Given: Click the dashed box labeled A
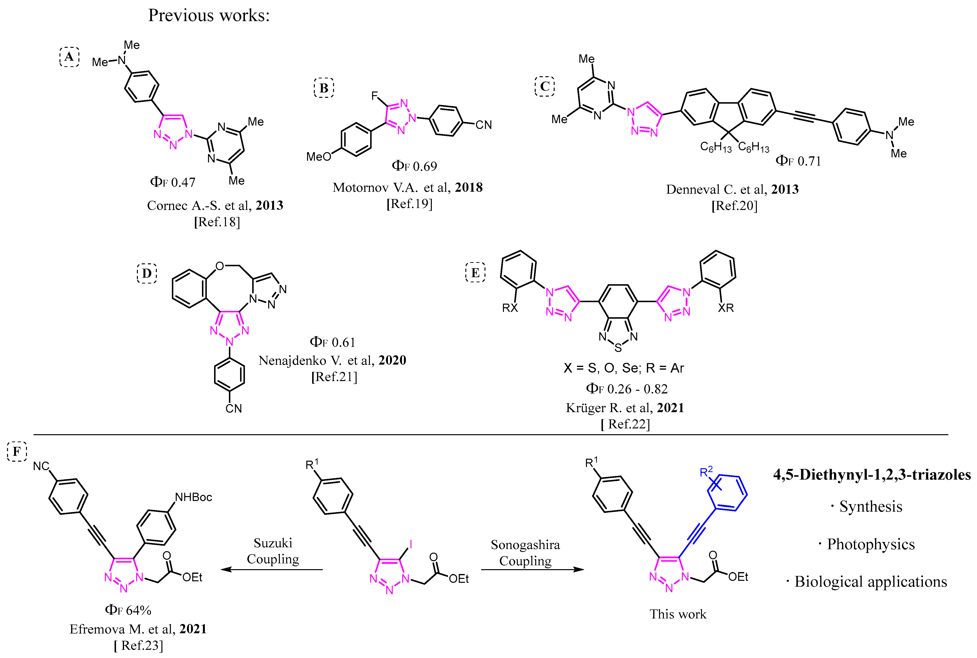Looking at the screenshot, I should coord(69,57).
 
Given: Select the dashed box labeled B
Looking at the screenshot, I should coord(324,88).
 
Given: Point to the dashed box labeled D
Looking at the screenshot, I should coord(146,273).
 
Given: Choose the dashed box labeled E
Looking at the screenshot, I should coord(475,273).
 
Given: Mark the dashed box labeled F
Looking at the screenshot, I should coord(17,451).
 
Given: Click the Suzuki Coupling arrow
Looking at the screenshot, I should coord(272,569).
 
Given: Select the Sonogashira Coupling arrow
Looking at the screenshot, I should coord(532,569).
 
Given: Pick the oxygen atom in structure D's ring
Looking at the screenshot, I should coord(219,266).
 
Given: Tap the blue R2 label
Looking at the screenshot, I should coord(706,472).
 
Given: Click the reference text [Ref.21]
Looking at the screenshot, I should coord(334,377).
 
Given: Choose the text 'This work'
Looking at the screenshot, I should coord(678,614).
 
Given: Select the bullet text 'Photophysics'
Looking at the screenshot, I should coord(870,544).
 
